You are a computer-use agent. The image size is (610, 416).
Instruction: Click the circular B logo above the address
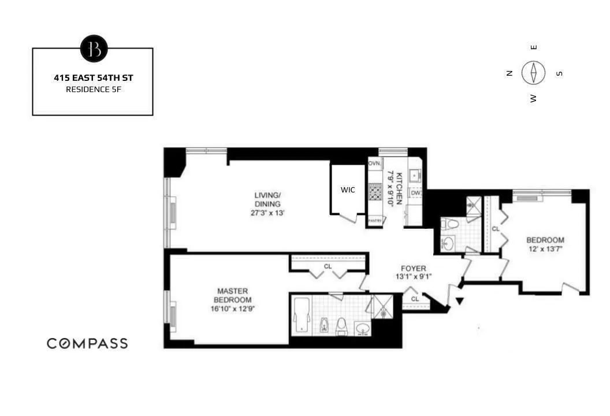(93, 49)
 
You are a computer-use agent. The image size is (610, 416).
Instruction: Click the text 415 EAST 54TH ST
(92, 77)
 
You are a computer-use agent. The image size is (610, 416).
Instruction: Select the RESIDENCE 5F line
(92, 89)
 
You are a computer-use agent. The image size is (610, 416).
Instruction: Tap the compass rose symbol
(534, 73)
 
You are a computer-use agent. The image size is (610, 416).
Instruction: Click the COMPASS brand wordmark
(87, 343)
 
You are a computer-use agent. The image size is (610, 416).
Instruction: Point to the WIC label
(348, 190)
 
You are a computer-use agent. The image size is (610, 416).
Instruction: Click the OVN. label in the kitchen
(375, 164)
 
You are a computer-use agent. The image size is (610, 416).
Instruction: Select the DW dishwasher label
(415, 193)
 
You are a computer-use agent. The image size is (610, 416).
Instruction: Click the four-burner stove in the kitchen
(375, 191)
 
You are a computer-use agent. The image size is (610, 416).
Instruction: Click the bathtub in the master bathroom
(302, 315)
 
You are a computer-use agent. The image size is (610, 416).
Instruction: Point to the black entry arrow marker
(460, 301)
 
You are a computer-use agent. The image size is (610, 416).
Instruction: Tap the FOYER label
(414, 269)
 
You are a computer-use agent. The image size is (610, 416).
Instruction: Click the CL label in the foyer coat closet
(415, 299)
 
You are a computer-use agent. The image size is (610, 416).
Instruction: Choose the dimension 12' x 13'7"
(545, 248)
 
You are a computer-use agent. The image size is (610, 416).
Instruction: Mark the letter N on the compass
(509, 73)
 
